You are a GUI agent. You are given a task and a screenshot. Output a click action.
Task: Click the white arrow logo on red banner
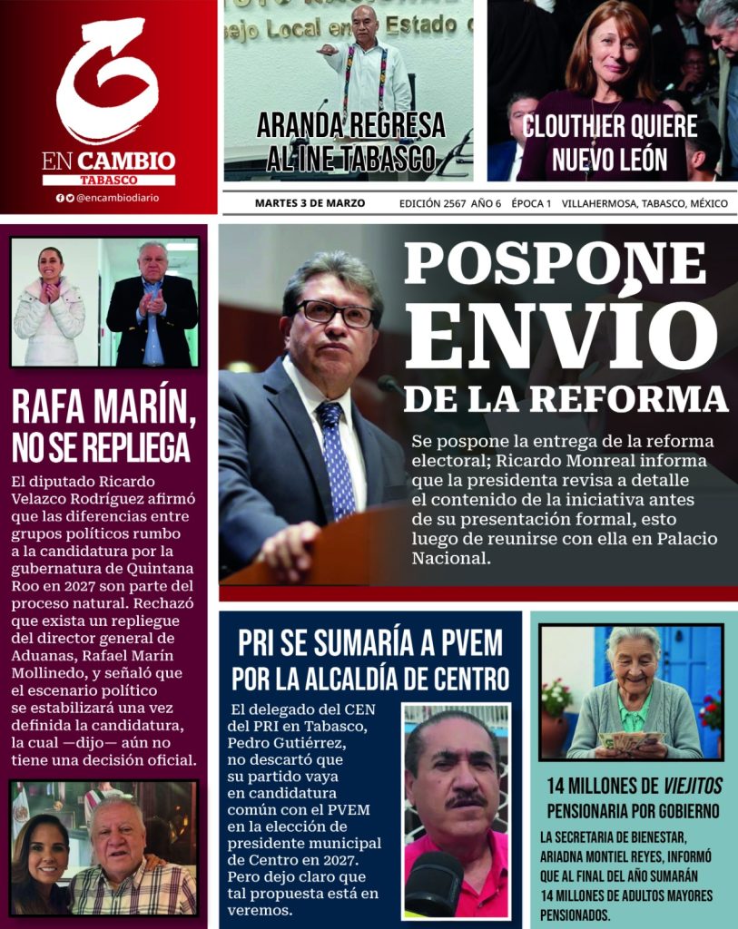point(107,82)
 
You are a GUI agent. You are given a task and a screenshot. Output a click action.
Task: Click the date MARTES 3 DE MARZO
point(310,203)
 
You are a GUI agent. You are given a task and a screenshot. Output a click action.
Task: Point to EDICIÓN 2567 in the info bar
point(432,203)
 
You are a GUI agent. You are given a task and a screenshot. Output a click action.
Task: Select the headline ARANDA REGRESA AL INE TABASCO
point(351,142)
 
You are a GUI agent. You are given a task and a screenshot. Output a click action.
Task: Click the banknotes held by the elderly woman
point(630,740)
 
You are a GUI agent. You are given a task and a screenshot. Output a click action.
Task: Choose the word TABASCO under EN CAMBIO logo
point(108,180)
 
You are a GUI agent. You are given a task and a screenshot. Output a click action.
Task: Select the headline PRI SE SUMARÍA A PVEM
point(369,643)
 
